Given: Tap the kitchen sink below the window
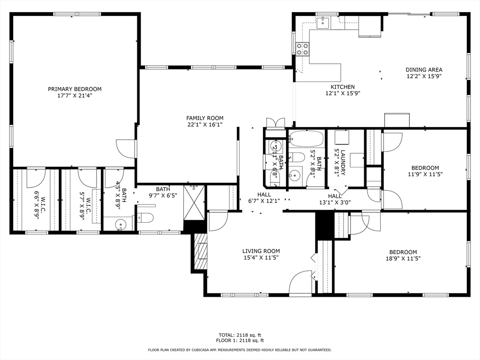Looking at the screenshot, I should point(323,22).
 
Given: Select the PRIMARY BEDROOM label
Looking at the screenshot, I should point(75,89).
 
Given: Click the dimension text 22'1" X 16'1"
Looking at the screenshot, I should point(205,125).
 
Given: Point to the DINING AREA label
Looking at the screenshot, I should point(424,70).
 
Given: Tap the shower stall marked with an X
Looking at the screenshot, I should point(194,202).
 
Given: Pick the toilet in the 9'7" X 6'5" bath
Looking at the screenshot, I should point(146,218).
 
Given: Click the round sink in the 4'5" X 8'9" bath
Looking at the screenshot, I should point(121,224).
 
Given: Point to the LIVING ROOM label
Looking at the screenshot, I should point(261,251).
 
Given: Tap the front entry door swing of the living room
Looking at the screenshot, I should point(300,282).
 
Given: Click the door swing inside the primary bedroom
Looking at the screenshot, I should point(126,149).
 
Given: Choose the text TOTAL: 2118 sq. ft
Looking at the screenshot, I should point(240,335).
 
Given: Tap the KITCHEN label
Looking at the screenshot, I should point(343,87).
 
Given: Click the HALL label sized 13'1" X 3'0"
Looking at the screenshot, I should point(335,196).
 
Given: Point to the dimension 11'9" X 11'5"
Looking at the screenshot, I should point(425,174).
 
